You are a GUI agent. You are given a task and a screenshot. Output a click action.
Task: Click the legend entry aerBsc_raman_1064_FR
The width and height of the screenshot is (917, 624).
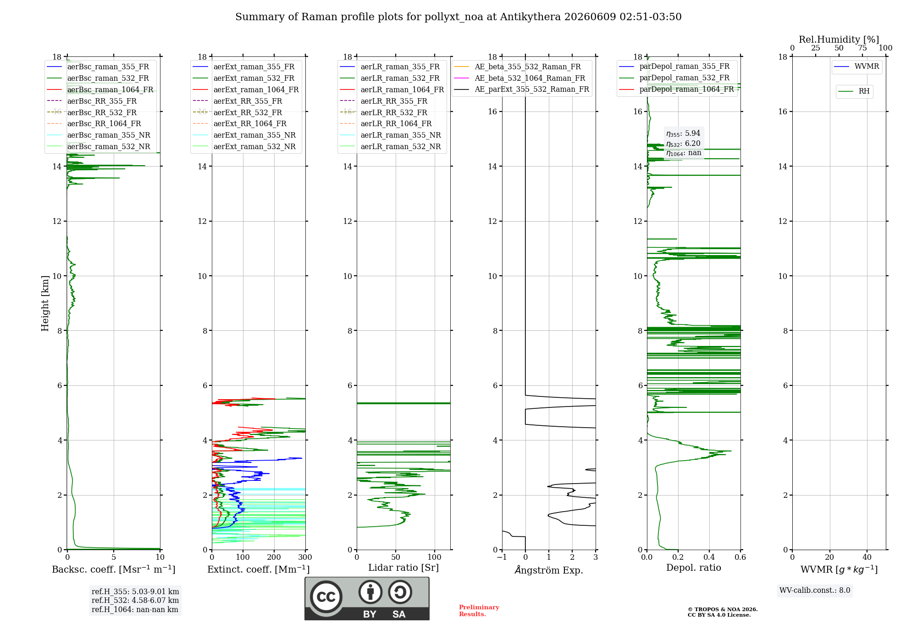click(x=110, y=89)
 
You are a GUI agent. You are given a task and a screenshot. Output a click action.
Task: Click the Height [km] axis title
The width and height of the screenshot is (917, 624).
click(x=45, y=303)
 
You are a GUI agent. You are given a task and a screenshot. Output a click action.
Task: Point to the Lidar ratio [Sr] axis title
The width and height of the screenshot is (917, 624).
click(x=403, y=568)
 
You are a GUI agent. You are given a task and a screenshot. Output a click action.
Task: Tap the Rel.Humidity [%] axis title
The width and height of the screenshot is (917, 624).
click(x=839, y=39)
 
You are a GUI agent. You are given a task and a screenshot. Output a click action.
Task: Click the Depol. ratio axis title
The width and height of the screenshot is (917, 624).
click(x=694, y=568)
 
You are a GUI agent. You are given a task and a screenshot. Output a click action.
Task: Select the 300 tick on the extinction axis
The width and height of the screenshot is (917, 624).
click(x=305, y=557)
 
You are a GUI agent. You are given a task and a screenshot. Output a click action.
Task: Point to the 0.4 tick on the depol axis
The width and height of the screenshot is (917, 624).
click(x=709, y=557)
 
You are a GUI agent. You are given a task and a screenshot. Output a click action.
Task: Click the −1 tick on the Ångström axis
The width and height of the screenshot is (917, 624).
click(x=502, y=557)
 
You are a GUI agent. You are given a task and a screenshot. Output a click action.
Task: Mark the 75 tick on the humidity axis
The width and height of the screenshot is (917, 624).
click(x=862, y=48)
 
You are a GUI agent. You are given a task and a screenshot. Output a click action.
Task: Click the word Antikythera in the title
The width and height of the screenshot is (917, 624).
click(x=530, y=17)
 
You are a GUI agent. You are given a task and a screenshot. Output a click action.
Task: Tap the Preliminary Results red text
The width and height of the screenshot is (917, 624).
click(x=479, y=611)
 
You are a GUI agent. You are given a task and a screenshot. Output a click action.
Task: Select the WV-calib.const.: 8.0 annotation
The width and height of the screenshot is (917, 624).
click(x=815, y=591)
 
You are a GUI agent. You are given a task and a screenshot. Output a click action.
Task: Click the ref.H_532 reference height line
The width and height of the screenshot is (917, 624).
click(x=135, y=601)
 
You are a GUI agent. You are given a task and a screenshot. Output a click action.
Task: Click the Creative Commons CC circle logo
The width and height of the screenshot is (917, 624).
click(x=326, y=597)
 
